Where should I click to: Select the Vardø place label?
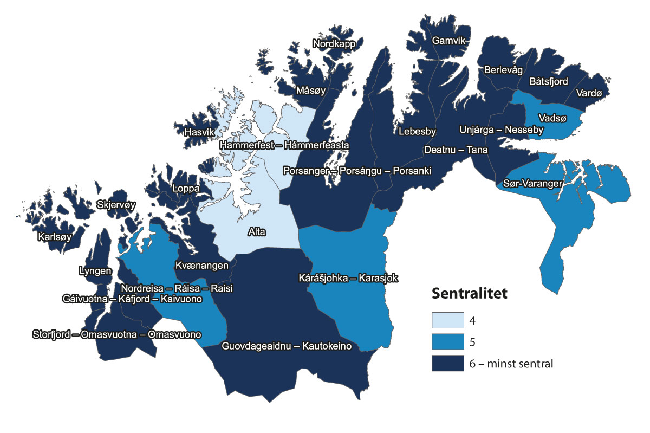point(589,93)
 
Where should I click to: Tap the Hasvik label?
point(200,132)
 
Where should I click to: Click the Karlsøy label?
point(55,237)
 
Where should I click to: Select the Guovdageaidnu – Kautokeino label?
point(287,346)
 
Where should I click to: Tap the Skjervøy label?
point(116,205)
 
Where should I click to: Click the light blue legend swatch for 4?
point(448,320)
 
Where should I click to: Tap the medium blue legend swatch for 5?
point(448,342)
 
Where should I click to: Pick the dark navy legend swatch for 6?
point(448,364)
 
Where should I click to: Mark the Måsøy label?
point(310,91)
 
